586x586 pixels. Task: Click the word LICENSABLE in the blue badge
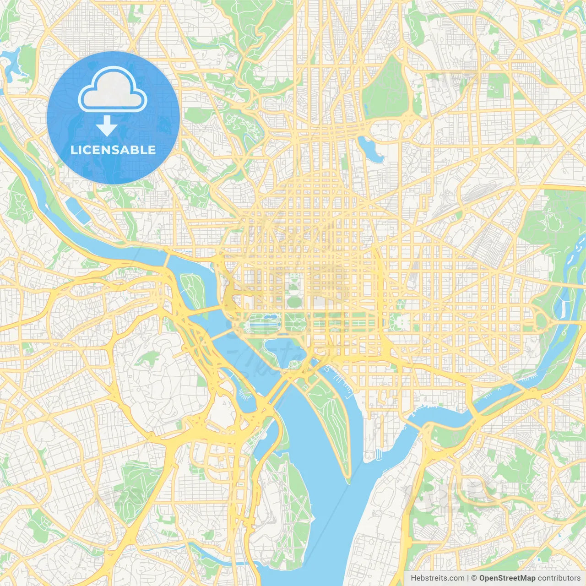pos(113,150)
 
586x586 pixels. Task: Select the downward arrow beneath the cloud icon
pos(107,126)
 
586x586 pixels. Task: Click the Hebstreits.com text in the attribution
pos(437,578)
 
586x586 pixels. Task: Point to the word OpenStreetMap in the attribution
pos(507,578)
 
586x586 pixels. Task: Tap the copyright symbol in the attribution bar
pos(474,578)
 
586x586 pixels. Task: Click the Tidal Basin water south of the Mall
pos(284,350)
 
